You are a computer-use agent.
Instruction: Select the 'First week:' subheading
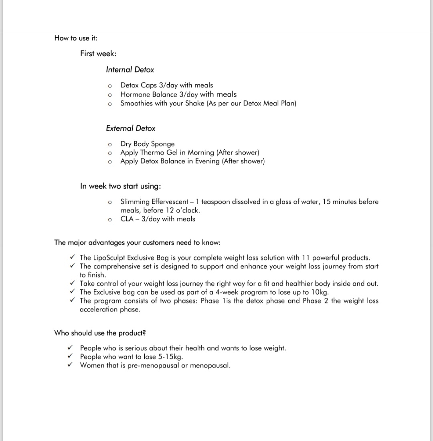tap(98, 53)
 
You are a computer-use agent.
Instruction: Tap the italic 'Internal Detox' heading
tap(130, 70)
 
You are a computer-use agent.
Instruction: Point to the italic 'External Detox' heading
tap(131, 128)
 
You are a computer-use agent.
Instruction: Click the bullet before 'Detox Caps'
tap(109, 86)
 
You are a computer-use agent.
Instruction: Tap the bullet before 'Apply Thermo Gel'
tap(109, 153)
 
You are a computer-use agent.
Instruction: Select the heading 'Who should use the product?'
tap(100, 333)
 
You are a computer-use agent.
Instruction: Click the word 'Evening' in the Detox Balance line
tap(207, 161)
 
